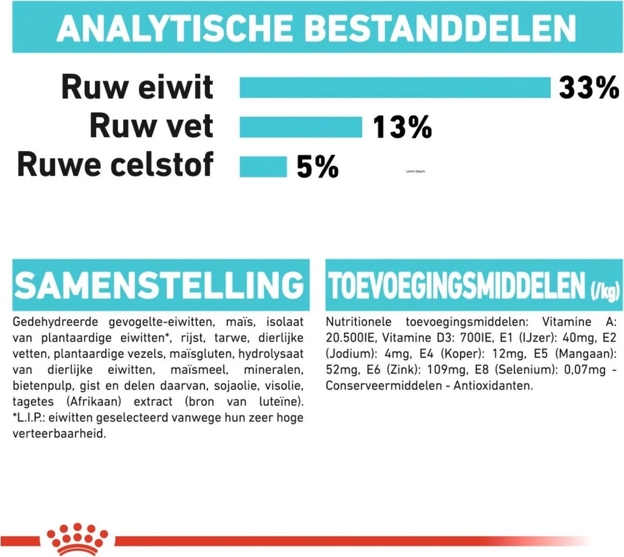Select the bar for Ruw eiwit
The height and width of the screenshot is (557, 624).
tap(395, 87)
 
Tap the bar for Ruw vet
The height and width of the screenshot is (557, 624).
tap(301, 127)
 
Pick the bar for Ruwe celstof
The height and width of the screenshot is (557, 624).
tap(263, 167)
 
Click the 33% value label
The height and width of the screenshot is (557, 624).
tap(589, 87)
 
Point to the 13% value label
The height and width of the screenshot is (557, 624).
tap(402, 127)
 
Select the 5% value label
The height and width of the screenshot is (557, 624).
tap(317, 167)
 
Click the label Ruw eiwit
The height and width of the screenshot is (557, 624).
tap(137, 87)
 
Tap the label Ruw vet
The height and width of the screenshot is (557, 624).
tap(151, 126)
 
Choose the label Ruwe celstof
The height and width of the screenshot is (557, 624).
tap(115, 164)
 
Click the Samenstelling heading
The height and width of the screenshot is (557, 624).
tap(159, 285)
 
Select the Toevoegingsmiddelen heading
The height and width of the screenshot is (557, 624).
tap(457, 286)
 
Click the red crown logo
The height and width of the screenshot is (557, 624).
tap(77, 539)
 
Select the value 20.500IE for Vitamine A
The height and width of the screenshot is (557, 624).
tap(350, 338)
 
